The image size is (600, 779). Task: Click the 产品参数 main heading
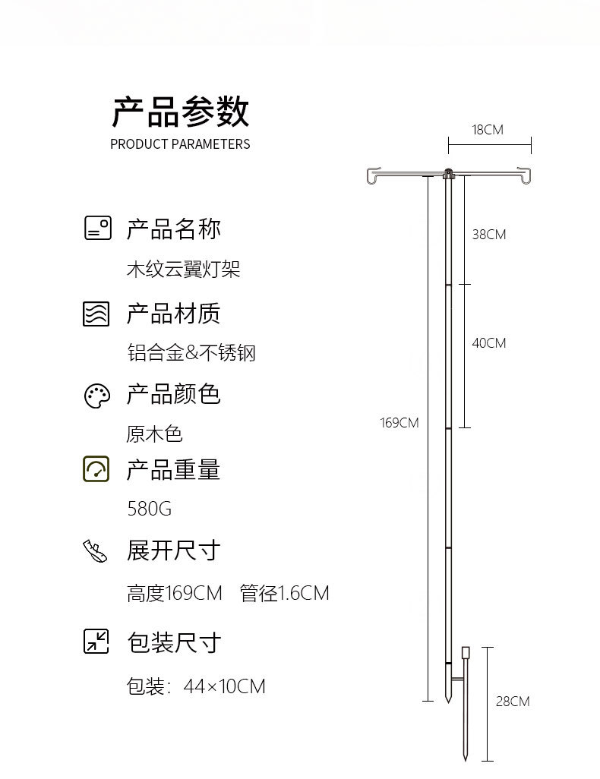[x=180, y=112]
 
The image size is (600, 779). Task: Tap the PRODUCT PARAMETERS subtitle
[x=180, y=144]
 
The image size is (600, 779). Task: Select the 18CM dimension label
[x=488, y=130]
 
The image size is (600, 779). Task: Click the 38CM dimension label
[x=488, y=235]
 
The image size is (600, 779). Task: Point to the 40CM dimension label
[x=488, y=343]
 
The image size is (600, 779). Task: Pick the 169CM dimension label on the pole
[x=399, y=423]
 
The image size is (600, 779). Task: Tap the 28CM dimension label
[x=513, y=702]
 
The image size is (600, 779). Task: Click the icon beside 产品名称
[x=97, y=229]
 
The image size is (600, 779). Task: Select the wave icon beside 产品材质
[x=96, y=314]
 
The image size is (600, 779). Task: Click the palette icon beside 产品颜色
[x=97, y=395]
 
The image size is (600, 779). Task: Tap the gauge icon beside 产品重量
[x=96, y=469]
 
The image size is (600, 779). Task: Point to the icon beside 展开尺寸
[x=96, y=551]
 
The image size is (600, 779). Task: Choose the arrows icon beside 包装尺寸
[x=96, y=642]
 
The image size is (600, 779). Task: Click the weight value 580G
[x=150, y=509]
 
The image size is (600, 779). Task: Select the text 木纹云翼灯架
[x=183, y=270]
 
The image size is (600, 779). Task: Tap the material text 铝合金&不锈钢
[x=191, y=353]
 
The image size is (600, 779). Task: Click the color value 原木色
[x=154, y=434]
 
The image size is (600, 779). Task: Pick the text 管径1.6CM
[x=285, y=593]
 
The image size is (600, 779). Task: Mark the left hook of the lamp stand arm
[x=372, y=176]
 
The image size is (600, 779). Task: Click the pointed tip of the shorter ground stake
[x=466, y=758]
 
